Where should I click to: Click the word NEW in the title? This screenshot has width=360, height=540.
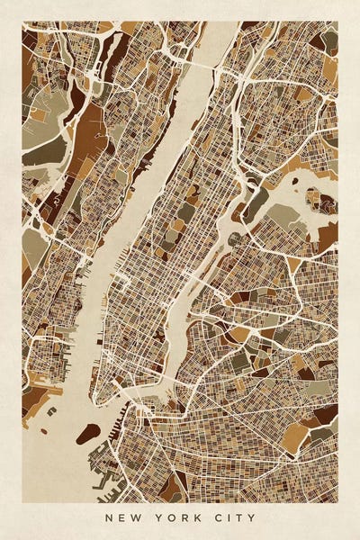[x=120, y=517]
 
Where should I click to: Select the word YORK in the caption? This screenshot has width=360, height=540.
[x=176, y=517]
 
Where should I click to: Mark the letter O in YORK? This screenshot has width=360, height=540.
[x=170, y=517]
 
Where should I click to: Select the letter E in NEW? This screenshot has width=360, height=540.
[x=120, y=517]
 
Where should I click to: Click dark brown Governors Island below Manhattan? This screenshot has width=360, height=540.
[x=87, y=434]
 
